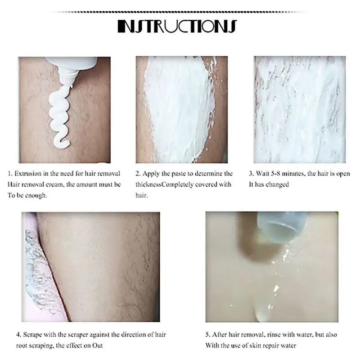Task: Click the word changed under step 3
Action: point(277,184)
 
